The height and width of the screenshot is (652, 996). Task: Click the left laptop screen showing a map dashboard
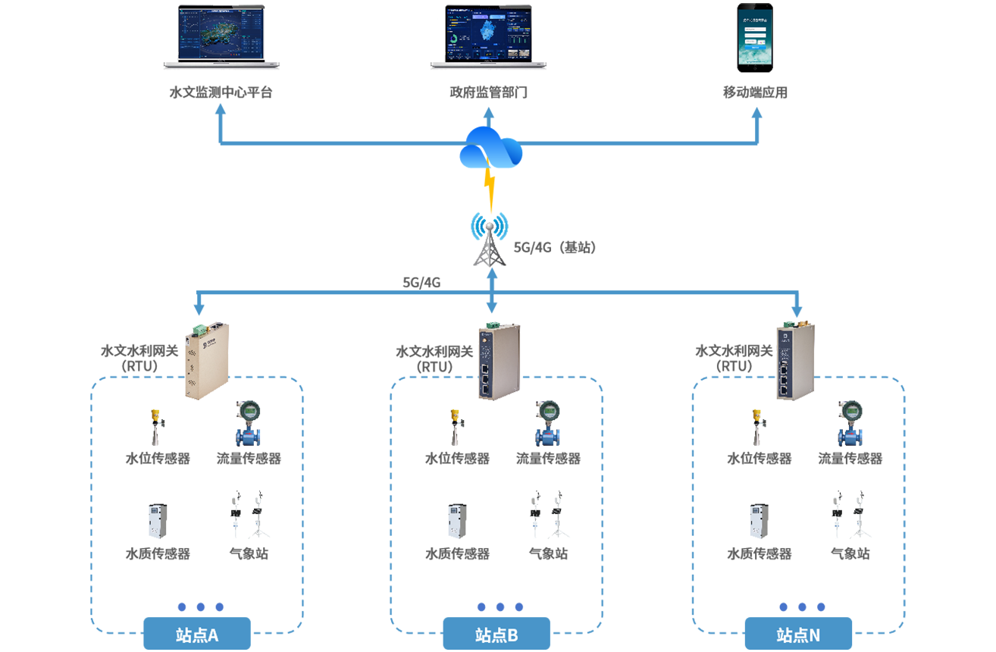221,35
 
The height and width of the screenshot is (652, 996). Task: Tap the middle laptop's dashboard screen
489,35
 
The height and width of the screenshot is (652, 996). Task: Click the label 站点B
496,635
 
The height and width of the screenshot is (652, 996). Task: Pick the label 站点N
798,635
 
